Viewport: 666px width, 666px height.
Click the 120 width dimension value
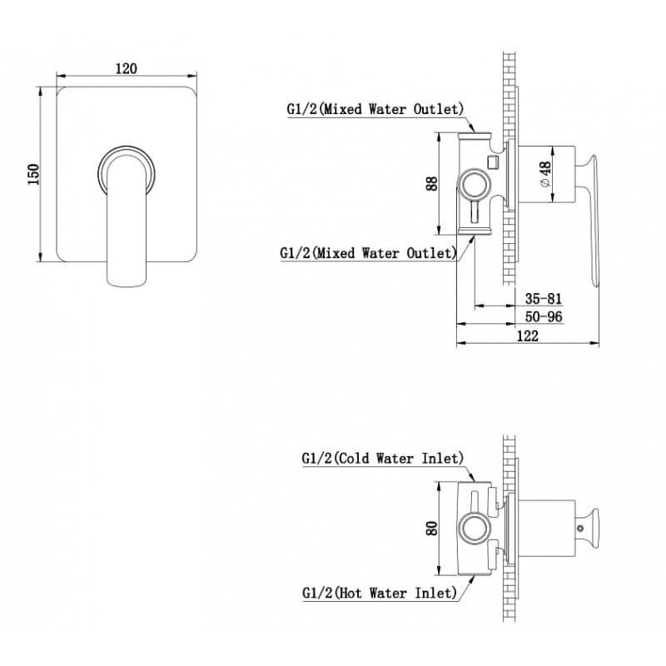click(x=127, y=68)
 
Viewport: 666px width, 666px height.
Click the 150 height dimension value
click(x=33, y=174)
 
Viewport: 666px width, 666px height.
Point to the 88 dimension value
click(x=431, y=183)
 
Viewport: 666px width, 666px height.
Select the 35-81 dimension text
click(x=544, y=299)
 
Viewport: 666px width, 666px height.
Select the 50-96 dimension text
click(x=544, y=317)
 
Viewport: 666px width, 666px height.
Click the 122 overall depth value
click(x=528, y=336)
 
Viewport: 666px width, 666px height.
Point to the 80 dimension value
click(x=431, y=528)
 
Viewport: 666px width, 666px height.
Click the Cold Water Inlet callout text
click(x=383, y=459)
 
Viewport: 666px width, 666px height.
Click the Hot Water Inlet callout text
click(x=380, y=593)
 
